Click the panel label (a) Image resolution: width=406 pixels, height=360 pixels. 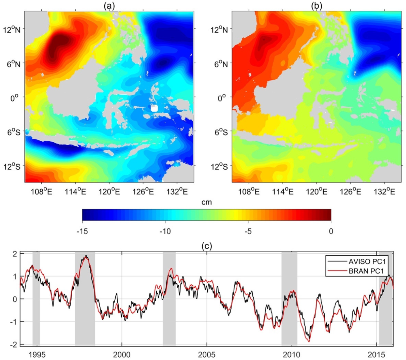coord(108,6)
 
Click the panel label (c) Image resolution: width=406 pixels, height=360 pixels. coord(206,246)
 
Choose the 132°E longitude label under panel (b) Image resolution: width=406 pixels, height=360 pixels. coord(386,191)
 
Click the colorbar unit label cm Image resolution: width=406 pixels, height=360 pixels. coord(206,203)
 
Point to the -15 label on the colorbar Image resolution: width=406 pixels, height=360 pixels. coord(82,231)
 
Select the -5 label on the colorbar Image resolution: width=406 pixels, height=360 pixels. coord(248,231)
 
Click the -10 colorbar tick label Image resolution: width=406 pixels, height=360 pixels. coord(165,231)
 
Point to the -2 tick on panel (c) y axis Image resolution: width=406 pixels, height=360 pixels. coord(14,345)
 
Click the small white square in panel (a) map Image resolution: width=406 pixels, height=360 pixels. coord(154,108)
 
